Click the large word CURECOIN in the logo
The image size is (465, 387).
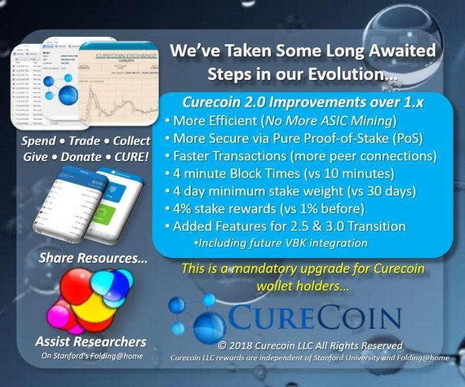[x=315, y=316]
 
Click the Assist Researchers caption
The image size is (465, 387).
[x=91, y=341]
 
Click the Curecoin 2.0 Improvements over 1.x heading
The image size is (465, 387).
[x=302, y=102]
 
